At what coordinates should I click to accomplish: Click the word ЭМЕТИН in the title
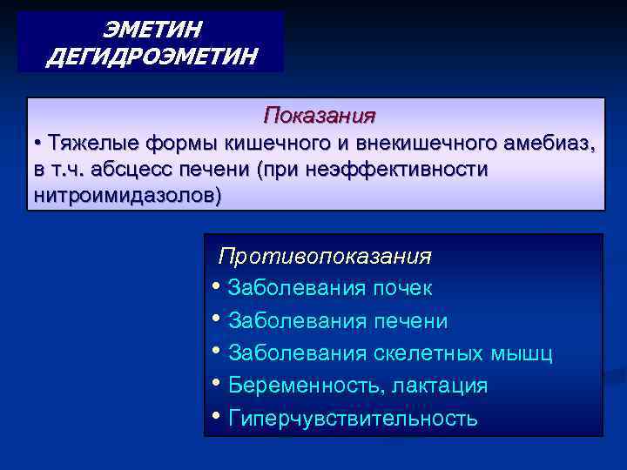click(152, 30)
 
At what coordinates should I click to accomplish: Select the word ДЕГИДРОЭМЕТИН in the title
click(152, 57)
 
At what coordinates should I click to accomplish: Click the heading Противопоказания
click(325, 257)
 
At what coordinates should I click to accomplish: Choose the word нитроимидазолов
click(126, 196)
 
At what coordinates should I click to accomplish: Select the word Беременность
click(306, 386)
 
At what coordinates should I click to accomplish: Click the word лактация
click(440, 386)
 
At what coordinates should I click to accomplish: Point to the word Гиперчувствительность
click(352, 418)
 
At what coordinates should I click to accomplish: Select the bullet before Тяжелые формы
click(39, 143)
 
